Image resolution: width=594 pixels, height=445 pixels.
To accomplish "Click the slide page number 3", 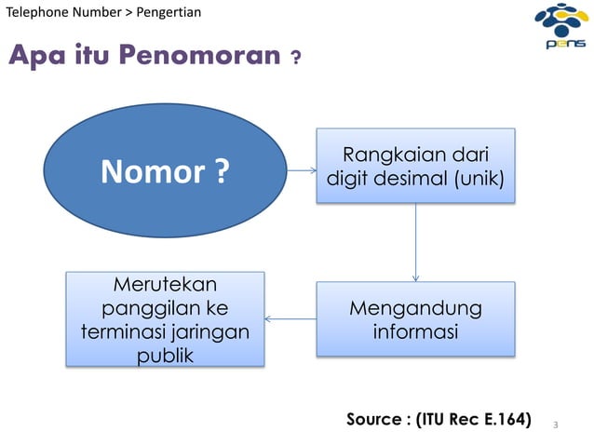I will (555, 425).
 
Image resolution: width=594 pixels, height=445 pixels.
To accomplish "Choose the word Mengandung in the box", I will (415, 308).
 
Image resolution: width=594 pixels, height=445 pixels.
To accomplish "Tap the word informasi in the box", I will (415, 331).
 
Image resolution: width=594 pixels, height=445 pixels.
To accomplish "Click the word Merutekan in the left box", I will (164, 283).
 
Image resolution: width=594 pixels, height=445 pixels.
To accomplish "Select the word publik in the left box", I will (164, 355).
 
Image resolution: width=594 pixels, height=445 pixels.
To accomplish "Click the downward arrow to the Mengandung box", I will (415, 242).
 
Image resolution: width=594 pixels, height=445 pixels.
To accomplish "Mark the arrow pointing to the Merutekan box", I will (290, 319).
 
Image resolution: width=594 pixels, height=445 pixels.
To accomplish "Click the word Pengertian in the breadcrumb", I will (169, 11).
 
